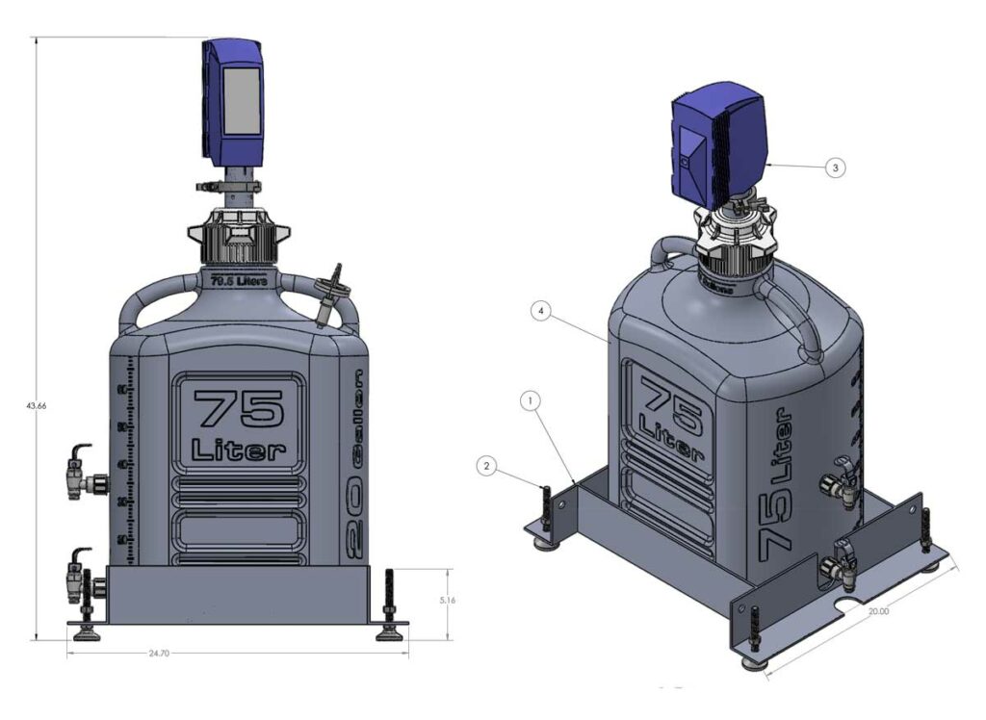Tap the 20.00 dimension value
point(876,610)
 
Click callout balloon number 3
point(835,167)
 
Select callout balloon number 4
point(543,312)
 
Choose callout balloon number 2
point(488,466)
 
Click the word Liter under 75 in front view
point(238,450)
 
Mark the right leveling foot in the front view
point(390,631)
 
